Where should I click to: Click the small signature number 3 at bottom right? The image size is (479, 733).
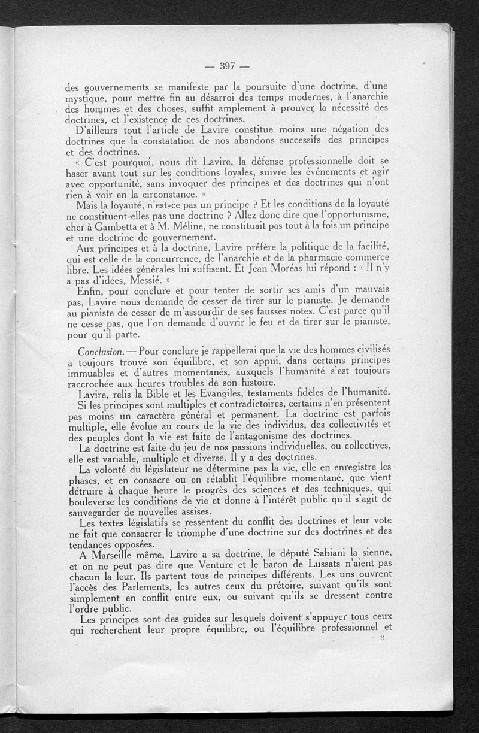click(381, 639)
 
